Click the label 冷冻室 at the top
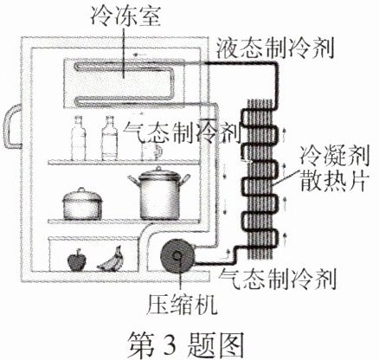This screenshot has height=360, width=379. (125, 16)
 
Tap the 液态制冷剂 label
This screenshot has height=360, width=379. (275, 48)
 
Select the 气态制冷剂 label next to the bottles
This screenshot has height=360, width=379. (182, 132)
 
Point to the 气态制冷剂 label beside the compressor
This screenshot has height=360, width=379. (278, 280)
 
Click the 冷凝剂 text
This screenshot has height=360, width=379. (335, 156)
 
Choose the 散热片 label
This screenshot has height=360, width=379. (333, 181)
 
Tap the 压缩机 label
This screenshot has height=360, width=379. (182, 305)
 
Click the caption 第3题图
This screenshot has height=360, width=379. (186, 344)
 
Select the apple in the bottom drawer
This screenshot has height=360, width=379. (76, 260)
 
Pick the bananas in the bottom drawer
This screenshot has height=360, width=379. (112, 260)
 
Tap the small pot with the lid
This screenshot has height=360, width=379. (82, 204)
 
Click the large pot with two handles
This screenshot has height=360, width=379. (159, 193)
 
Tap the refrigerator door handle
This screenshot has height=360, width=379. (12, 126)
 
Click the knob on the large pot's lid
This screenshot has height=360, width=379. (159, 169)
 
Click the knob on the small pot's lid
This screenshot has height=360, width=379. (82, 190)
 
